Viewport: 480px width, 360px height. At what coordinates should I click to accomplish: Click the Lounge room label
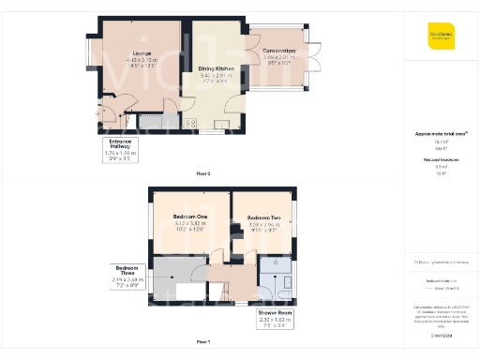[x=142, y=52]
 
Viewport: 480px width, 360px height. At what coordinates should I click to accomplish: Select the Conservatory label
[x=278, y=51]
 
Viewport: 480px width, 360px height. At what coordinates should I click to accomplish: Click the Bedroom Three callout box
[x=125, y=276]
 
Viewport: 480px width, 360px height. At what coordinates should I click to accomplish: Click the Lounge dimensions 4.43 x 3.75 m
[x=142, y=60]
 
